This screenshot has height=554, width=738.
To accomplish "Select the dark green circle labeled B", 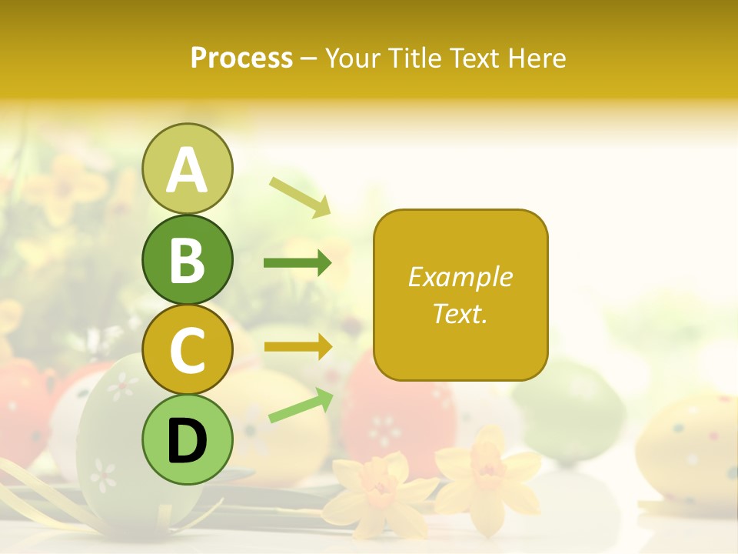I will [188, 259].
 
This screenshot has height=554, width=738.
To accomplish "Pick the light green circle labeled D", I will [188, 439].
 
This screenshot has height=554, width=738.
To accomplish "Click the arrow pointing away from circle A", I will [300, 196].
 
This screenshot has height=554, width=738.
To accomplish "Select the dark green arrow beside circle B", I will [298, 264].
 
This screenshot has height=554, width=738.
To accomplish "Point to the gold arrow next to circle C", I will [298, 347].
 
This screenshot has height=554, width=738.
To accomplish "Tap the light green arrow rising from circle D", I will [301, 405].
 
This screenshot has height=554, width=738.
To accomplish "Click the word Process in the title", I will [241, 58].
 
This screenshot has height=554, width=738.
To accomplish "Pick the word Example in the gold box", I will [460, 277].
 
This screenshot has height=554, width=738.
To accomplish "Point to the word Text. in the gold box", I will [460, 313].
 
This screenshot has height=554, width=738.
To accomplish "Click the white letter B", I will [188, 260].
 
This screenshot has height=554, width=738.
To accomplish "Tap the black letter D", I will [188, 440].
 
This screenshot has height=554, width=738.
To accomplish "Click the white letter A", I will [188, 170].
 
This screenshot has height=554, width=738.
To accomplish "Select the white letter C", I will [188, 350].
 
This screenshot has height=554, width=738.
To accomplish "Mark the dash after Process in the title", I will [309, 59].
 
